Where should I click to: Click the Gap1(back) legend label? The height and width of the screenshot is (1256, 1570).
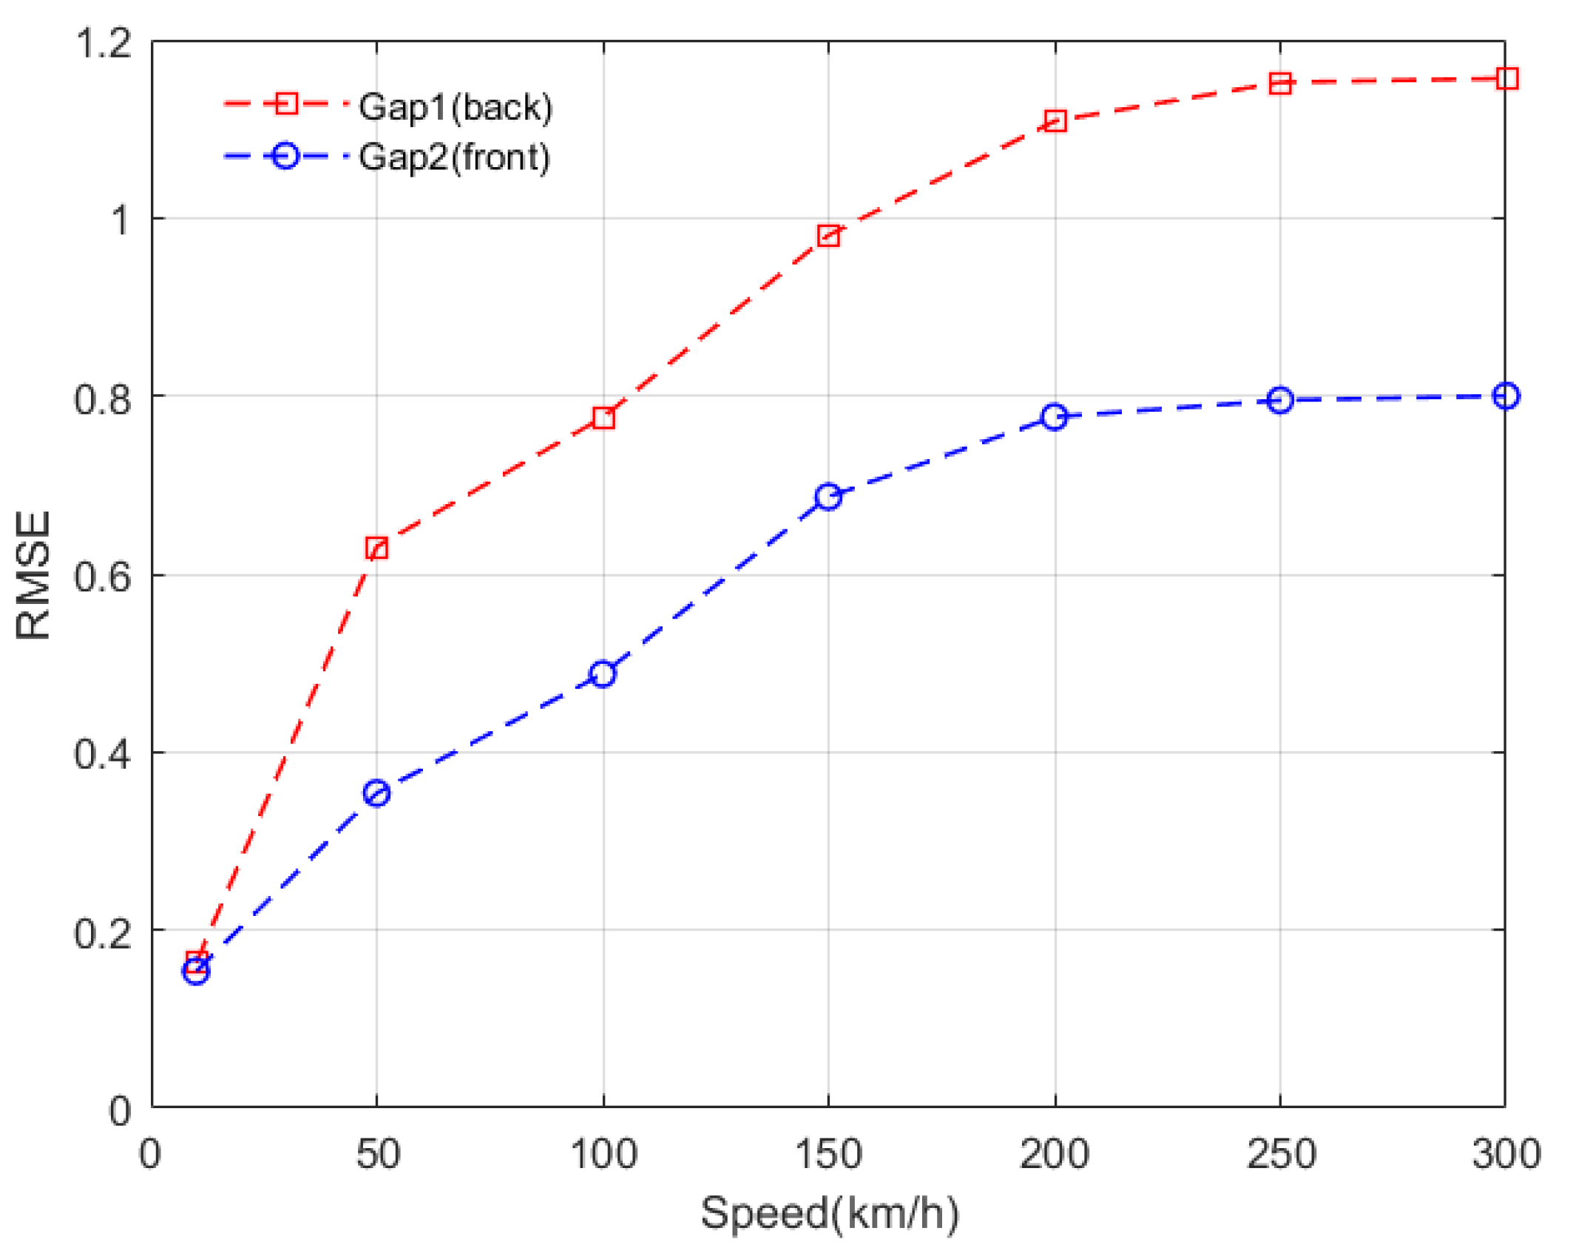pos(456,107)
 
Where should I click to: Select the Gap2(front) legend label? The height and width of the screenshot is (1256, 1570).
pos(454,157)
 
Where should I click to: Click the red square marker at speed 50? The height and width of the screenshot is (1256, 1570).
pos(376,549)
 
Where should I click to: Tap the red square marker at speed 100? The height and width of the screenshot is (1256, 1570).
pos(603,418)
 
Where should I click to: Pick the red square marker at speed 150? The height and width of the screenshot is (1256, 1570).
pos(828,237)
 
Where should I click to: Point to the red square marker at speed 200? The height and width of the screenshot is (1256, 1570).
pos(1055,121)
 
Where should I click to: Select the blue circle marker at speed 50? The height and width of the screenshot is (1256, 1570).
pos(376,794)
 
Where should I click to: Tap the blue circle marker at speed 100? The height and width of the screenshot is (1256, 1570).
pos(603,674)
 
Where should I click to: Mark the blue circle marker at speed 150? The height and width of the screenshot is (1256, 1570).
pos(828,498)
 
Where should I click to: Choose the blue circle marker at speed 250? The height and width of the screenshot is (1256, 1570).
pos(1280,401)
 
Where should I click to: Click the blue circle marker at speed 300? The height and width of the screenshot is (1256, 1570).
pos(1506,396)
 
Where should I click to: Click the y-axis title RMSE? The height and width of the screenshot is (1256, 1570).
pos(33,575)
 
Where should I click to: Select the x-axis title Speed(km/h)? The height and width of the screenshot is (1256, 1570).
pos(828,1214)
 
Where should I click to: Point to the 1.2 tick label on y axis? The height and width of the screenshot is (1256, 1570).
pos(104,43)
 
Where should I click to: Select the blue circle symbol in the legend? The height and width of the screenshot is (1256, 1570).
pos(285,156)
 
